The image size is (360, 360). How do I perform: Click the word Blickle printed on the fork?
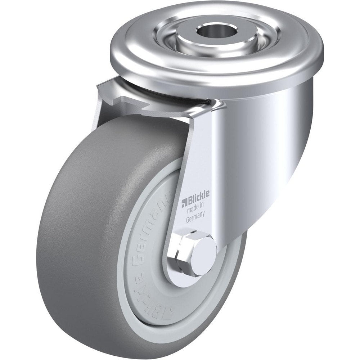coord(198,198)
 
